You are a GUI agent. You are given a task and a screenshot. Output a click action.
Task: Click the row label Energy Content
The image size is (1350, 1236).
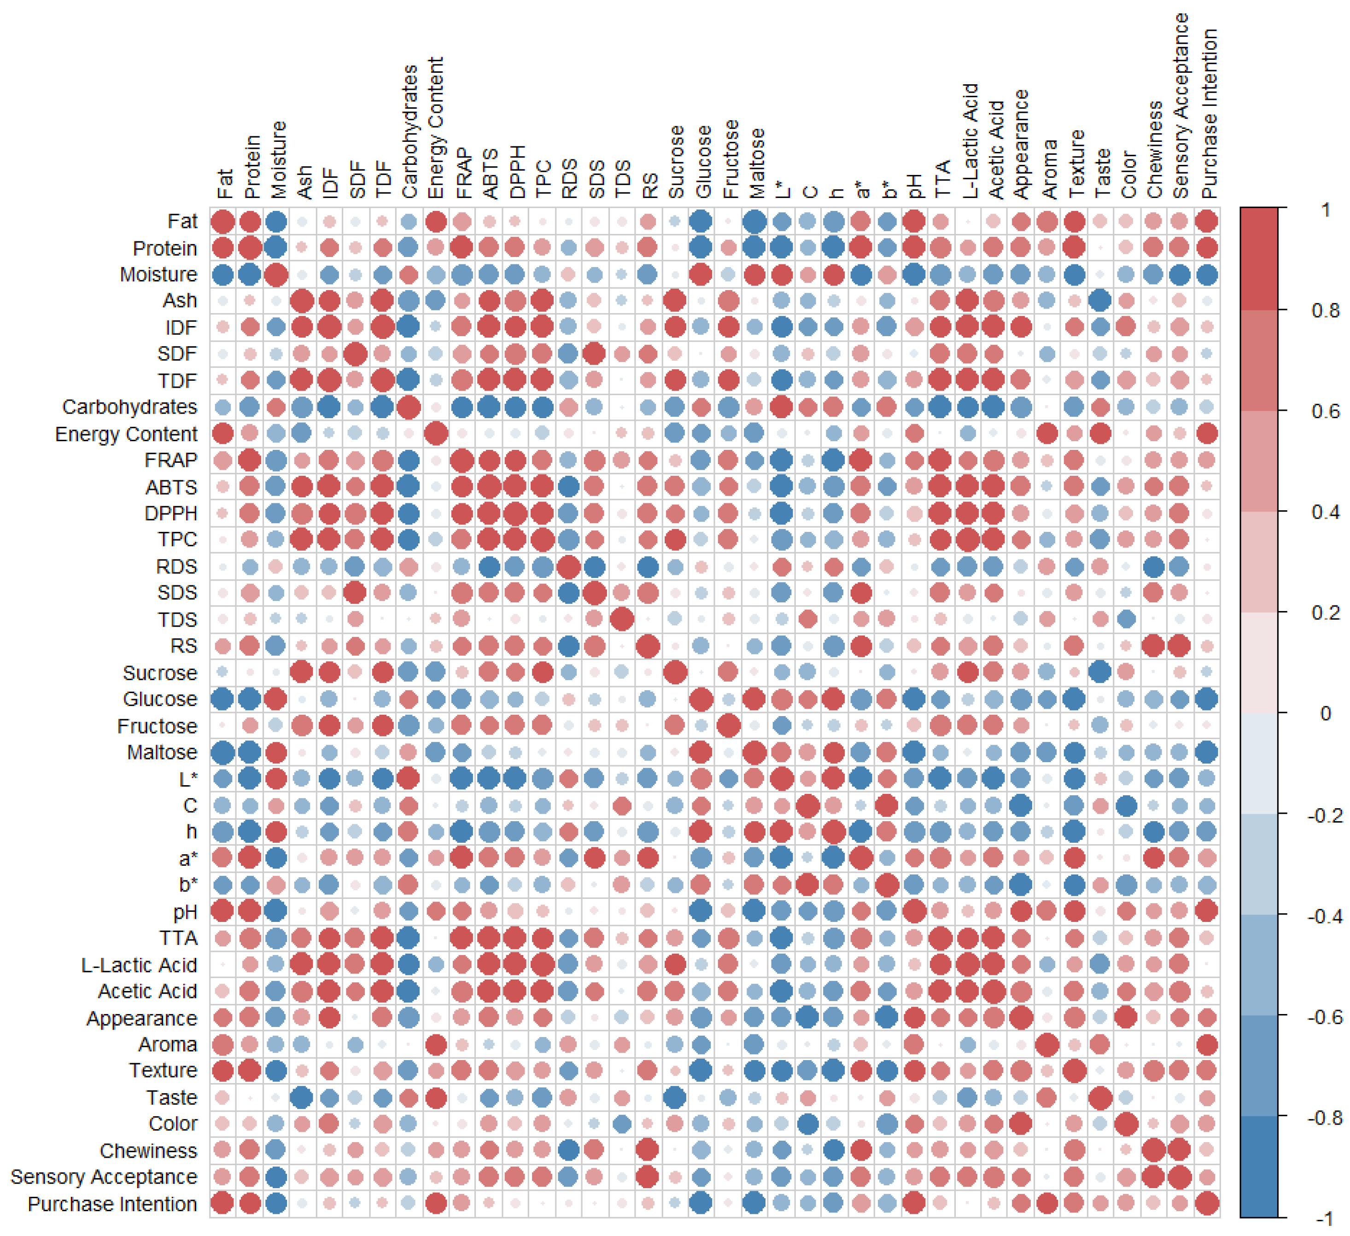(126, 434)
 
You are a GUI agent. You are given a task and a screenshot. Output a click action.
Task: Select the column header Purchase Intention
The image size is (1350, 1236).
(1209, 114)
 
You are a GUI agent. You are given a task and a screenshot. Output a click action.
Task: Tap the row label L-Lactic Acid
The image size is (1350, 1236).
(139, 965)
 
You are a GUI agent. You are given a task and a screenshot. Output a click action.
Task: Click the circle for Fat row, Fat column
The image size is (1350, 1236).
(222, 221)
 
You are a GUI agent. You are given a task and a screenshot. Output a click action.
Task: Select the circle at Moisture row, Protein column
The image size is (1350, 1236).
(250, 274)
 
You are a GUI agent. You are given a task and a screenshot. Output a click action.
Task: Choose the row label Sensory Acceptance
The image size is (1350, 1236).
(104, 1177)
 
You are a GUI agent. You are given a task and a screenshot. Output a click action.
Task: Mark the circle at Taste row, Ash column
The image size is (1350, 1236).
(302, 1097)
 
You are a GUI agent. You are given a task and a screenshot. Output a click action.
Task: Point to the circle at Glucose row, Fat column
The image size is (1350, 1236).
(222, 699)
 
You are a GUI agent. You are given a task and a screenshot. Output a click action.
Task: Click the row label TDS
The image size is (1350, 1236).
(177, 619)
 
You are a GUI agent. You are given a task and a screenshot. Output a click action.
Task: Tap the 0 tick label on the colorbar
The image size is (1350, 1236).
(1325, 713)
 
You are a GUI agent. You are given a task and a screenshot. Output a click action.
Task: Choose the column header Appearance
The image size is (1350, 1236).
(1021, 144)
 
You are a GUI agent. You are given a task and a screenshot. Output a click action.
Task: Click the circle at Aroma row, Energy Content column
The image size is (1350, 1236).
(435, 1044)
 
